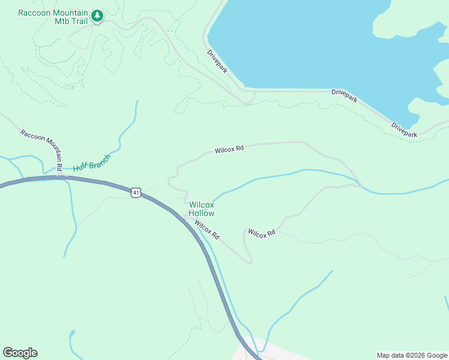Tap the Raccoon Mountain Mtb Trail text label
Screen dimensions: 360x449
tap(53, 17)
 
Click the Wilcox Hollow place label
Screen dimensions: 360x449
tap(201, 209)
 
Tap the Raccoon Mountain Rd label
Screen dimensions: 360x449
tap(42, 150)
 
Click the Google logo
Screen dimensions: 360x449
tap(20, 353)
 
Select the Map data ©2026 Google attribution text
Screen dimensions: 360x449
tap(412, 355)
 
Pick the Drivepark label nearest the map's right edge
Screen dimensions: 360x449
tap(404, 130)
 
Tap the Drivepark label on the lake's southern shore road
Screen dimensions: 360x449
tap(345, 95)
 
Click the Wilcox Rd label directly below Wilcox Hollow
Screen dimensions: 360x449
tap(206, 230)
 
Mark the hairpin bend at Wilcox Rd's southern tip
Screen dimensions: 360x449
tap(250, 260)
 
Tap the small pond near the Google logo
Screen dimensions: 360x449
tap(72, 332)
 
